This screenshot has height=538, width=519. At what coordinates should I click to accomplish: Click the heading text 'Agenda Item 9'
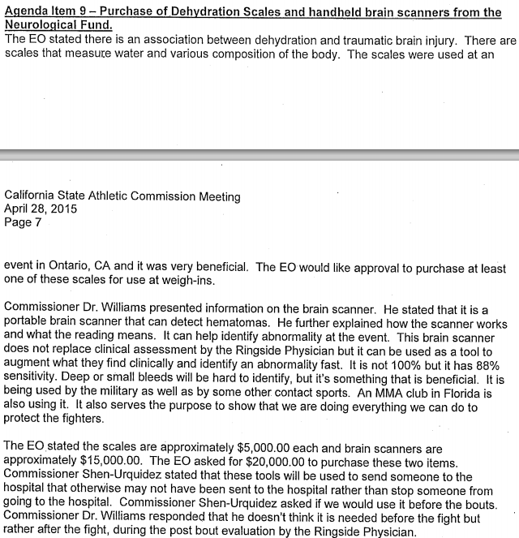coord(45,12)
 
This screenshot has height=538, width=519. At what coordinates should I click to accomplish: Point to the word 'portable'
coord(25,328)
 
